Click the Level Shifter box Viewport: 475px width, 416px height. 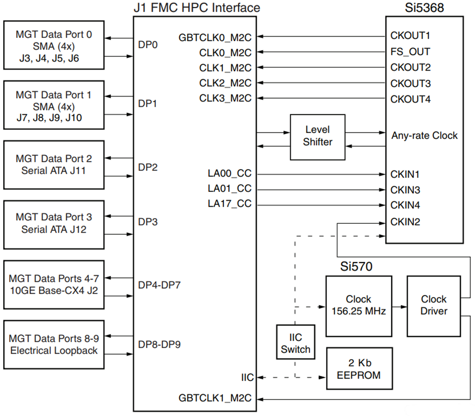317,136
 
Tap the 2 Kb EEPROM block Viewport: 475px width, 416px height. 359,369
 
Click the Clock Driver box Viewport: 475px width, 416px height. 434,306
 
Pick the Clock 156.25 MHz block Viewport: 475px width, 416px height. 358,306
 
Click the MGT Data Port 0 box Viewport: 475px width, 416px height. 54,45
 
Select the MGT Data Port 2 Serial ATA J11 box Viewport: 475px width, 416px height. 54,165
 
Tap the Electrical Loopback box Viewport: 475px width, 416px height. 54,344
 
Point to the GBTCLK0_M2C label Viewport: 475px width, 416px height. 215,37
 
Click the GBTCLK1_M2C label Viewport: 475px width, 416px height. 215,398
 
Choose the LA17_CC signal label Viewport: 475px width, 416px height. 229,204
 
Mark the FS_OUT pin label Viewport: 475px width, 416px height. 410,52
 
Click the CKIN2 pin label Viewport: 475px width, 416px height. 405,222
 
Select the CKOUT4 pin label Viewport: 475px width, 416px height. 410,99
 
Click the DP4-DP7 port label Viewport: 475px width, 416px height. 159,285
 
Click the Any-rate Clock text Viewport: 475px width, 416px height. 424,136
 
